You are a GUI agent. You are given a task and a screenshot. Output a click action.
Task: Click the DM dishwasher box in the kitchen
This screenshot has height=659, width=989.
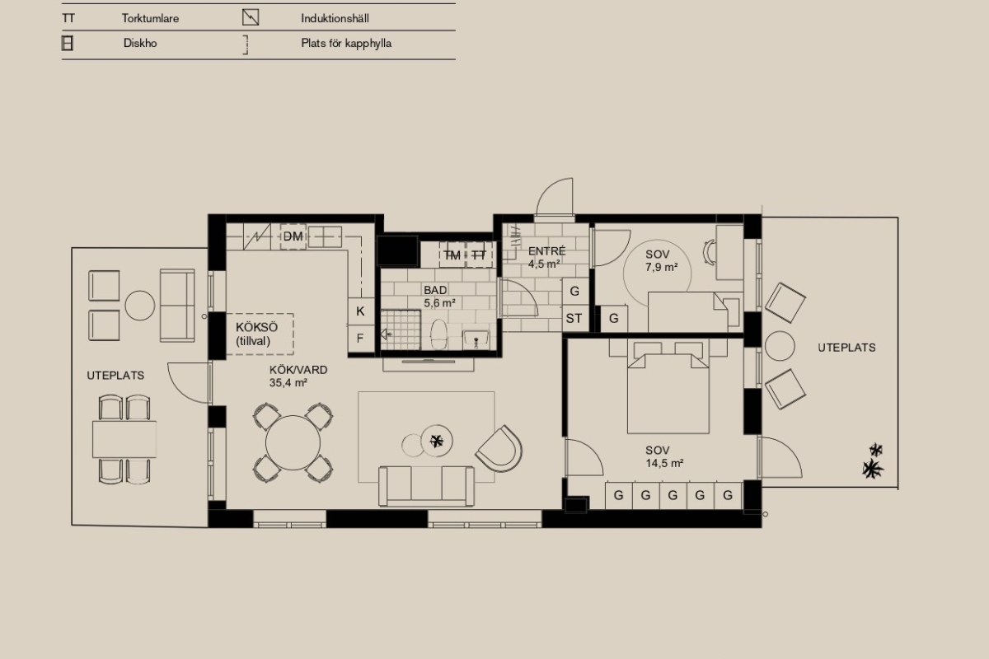point(293,236)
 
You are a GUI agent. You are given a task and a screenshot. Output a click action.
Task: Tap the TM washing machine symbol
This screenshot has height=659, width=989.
point(452,255)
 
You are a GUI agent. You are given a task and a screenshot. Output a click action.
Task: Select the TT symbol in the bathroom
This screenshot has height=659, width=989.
point(479,255)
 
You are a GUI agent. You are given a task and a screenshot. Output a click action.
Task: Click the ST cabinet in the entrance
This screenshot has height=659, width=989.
point(575,318)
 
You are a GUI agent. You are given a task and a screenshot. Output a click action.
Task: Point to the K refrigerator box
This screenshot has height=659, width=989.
point(361,311)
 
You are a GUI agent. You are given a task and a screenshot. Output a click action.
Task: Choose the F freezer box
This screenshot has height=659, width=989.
point(361,339)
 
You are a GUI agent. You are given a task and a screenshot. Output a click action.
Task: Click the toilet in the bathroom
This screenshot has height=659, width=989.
point(438,334)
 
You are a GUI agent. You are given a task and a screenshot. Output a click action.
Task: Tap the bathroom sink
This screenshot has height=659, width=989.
point(476,339)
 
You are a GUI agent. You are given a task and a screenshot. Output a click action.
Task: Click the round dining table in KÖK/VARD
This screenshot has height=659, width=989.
point(293,442)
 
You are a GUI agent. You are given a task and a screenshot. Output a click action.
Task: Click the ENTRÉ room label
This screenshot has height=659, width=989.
point(546,250)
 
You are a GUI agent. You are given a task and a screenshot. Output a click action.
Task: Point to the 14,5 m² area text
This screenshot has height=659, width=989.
point(664,464)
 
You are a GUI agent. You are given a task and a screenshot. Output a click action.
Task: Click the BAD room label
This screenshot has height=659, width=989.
point(435,290)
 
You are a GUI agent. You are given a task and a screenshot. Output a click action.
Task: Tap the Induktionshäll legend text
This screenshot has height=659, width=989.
point(335,19)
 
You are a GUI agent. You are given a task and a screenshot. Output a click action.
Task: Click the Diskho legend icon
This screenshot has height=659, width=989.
point(67,44)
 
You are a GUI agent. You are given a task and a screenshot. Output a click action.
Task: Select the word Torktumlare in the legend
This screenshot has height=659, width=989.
point(150,19)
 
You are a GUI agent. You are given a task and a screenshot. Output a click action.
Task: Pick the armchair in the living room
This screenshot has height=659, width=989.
point(499,448)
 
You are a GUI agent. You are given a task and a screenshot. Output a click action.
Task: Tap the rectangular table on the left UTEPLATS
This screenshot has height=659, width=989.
point(124,439)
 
